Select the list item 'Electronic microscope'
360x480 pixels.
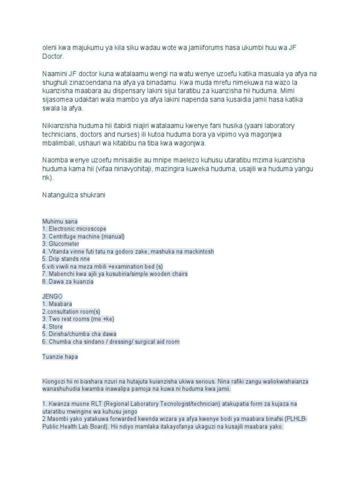(x=75, y=229)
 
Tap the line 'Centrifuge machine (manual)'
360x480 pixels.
(x=83, y=236)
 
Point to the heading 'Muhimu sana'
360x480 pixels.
(x=60, y=221)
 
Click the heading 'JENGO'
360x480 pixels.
(x=52, y=297)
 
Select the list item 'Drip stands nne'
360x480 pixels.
(x=66, y=259)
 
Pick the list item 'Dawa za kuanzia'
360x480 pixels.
(x=68, y=282)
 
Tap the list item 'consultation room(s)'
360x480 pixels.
(x=71, y=312)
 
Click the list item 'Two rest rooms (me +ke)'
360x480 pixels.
(x=78, y=319)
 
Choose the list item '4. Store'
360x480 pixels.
(x=52, y=327)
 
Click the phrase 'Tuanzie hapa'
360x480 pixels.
(x=60, y=357)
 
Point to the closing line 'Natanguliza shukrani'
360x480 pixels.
(x=74, y=195)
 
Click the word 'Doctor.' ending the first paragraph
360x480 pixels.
(x=52, y=56)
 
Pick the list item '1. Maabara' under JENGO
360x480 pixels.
(x=56, y=304)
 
